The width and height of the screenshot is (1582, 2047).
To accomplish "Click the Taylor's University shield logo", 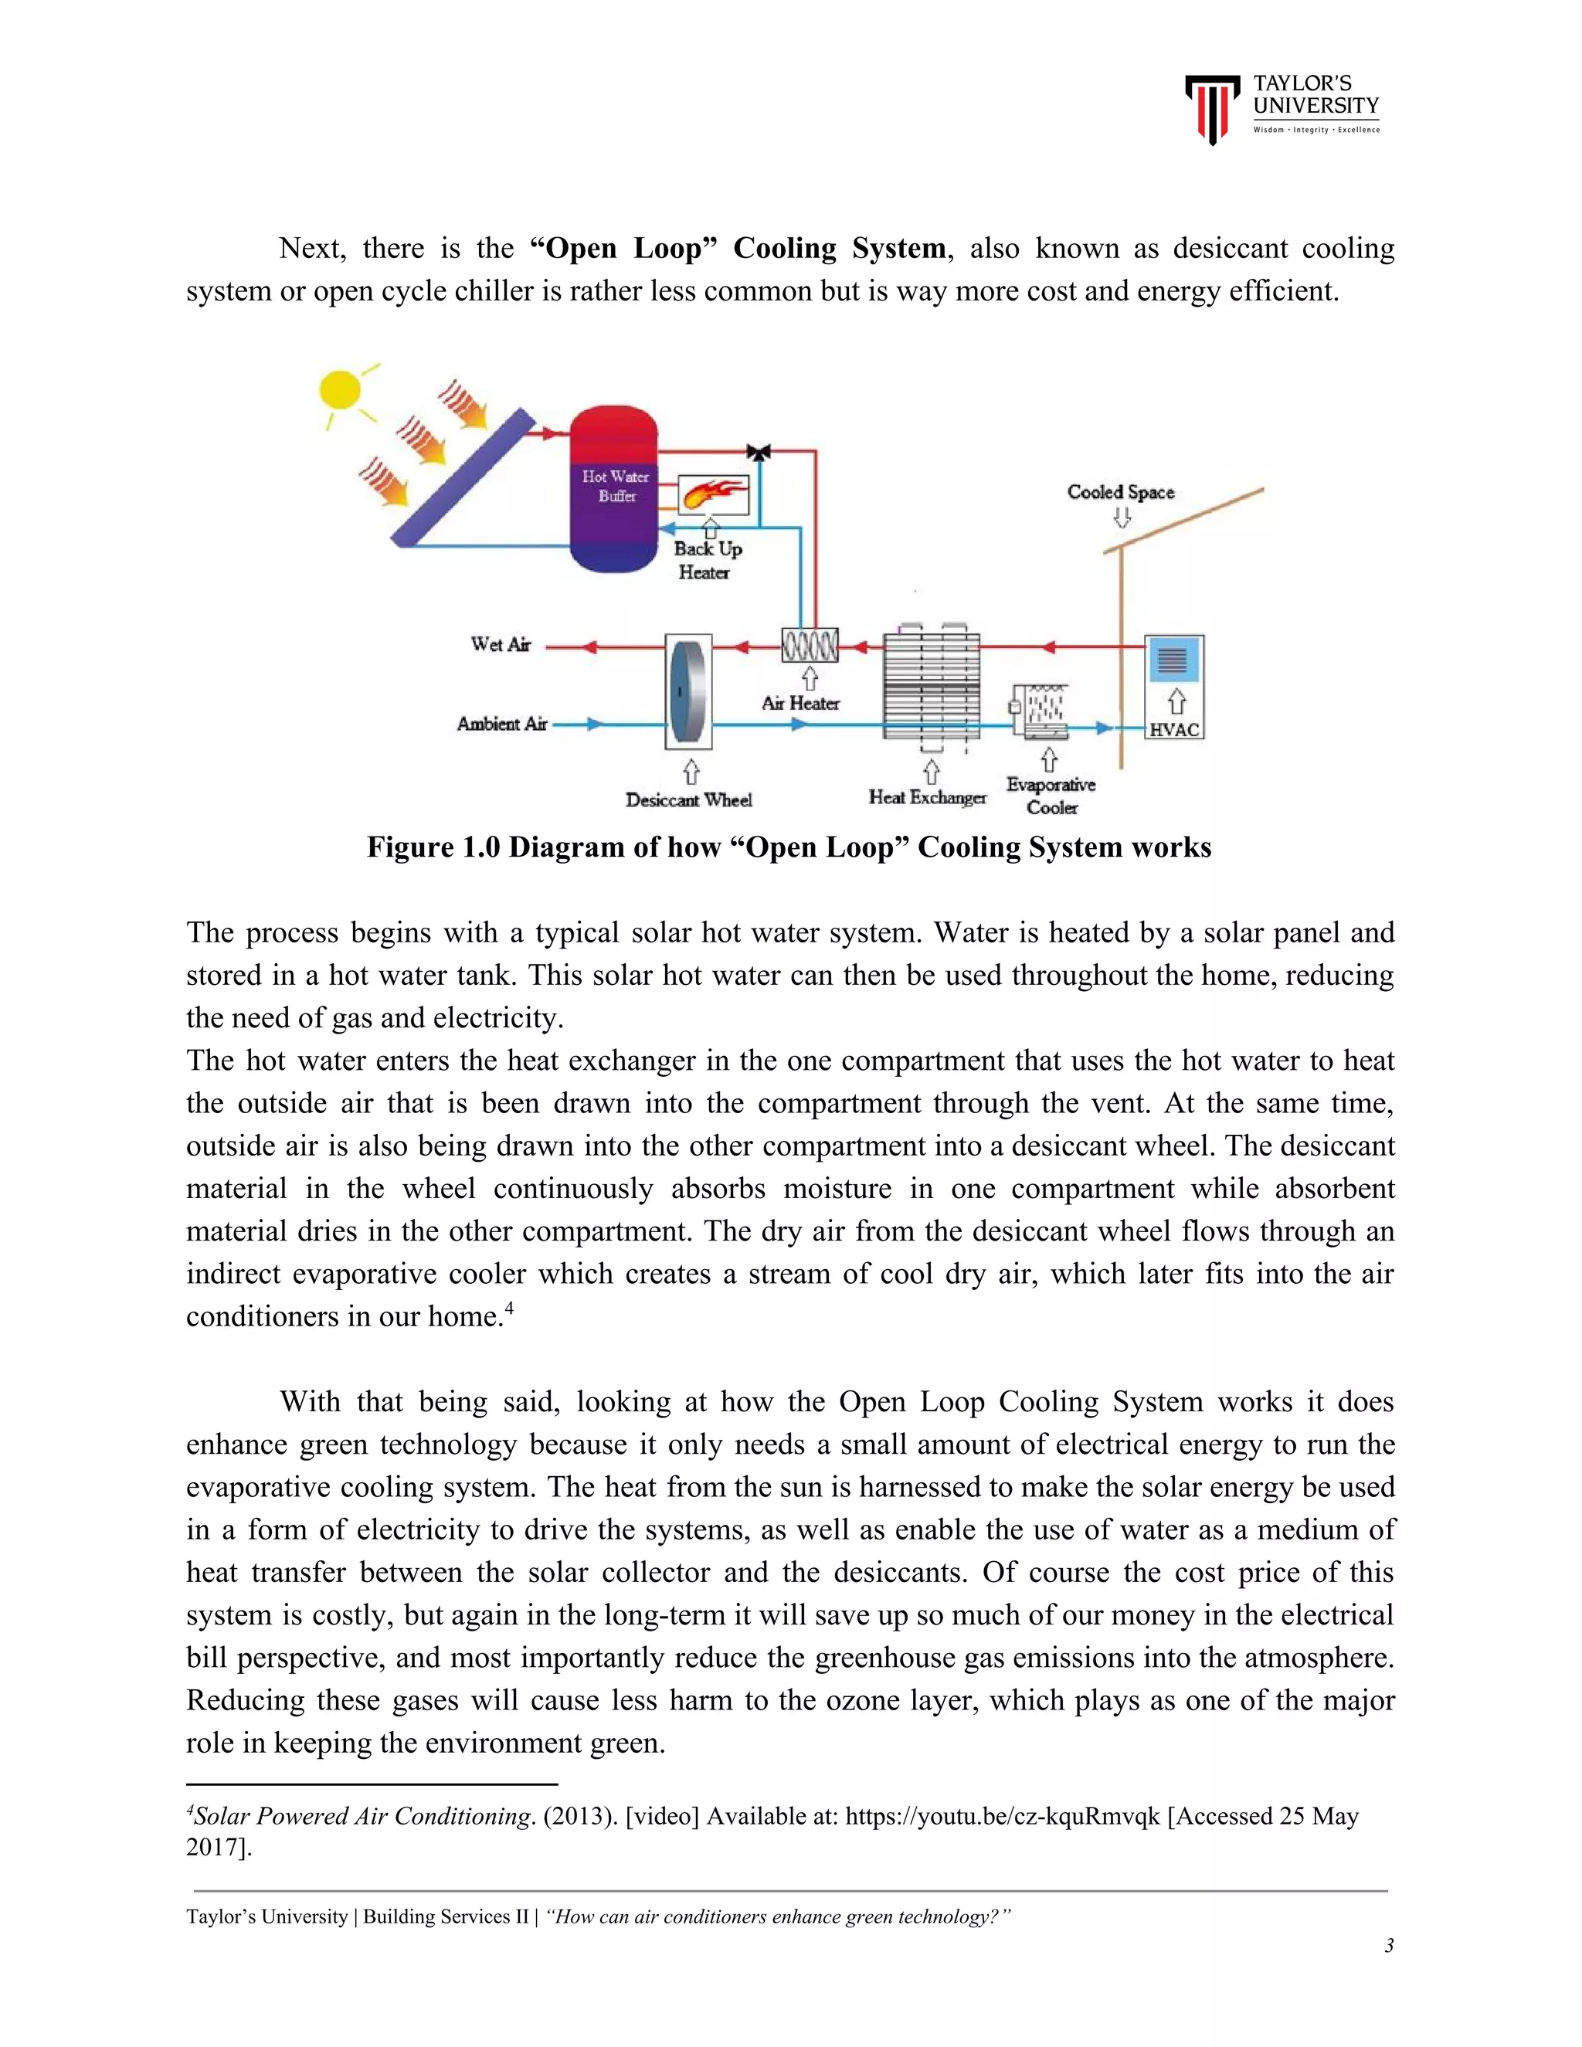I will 1211,109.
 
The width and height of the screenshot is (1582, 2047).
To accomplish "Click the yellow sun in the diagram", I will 339,390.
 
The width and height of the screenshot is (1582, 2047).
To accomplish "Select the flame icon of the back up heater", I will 713,493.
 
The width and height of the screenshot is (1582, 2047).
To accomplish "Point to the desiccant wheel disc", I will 688,691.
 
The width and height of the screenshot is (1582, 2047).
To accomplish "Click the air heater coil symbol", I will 810,645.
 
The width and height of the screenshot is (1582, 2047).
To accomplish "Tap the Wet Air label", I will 501,645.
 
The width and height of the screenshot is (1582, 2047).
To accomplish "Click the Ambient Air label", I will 501,724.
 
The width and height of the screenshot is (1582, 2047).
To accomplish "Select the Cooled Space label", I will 1120,492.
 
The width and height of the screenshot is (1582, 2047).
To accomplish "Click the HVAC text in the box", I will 1174,729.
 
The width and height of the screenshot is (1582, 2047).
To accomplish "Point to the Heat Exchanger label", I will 927,798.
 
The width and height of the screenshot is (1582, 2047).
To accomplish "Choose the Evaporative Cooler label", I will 1051,796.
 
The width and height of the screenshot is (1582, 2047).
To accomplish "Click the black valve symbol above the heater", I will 759,453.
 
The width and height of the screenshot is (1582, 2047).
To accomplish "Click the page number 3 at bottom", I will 1388,1946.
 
